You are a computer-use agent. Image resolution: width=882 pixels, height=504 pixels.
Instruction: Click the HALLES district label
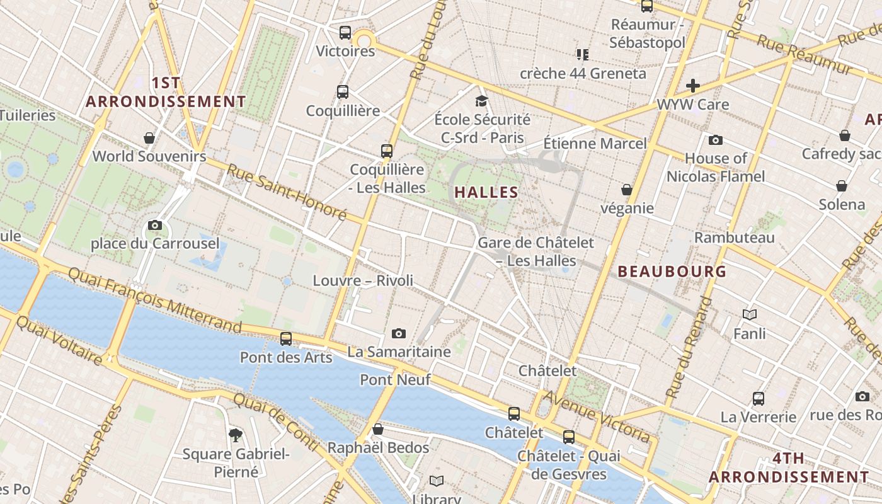point(486,193)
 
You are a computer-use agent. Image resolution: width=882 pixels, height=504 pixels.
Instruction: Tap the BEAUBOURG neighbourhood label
point(672,272)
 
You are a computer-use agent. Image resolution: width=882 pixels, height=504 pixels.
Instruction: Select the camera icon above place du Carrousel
point(155,225)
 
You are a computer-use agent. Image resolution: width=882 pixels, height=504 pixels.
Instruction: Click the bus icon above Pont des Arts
point(286,339)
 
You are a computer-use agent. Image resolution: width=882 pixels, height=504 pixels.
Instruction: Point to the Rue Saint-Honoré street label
point(287,192)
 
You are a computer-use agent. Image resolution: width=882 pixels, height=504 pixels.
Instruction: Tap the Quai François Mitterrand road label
point(154,299)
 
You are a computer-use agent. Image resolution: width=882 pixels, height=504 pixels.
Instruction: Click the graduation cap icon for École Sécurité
point(482,101)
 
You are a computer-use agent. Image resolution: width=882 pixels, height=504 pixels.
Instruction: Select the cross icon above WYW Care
point(693,86)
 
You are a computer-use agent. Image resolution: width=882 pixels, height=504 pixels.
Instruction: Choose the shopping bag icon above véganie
point(627,190)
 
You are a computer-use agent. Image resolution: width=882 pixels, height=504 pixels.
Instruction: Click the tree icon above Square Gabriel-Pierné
point(236,435)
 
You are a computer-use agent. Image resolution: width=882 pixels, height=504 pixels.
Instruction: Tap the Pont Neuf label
point(395,379)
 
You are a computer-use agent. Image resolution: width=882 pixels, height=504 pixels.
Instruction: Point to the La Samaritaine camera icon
point(399,333)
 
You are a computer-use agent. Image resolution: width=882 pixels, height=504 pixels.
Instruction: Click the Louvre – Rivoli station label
point(363,280)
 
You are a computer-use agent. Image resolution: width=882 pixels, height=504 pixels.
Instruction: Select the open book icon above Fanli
point(750,314)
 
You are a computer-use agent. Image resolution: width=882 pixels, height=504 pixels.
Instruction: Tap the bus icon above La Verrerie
point(759,398)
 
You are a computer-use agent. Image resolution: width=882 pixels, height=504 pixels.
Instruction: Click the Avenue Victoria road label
point(596,416)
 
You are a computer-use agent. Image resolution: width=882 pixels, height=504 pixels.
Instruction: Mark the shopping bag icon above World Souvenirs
point(149,138)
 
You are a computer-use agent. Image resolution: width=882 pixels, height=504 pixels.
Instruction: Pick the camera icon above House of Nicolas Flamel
point(716,140)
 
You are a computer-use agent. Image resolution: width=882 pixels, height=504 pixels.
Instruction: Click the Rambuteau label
point(734,238)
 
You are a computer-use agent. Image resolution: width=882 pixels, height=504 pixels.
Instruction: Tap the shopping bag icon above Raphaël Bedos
point(378,429)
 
